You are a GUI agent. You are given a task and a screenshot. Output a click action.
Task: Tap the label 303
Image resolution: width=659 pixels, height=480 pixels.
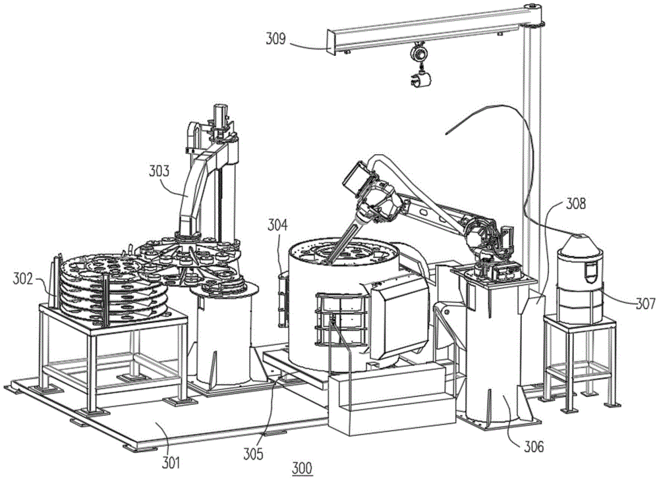(159, 173)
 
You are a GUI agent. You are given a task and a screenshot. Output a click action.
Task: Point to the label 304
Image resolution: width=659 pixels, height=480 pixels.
(277, 225)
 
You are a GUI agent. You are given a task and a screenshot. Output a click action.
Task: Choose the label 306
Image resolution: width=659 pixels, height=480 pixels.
(534, 447)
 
